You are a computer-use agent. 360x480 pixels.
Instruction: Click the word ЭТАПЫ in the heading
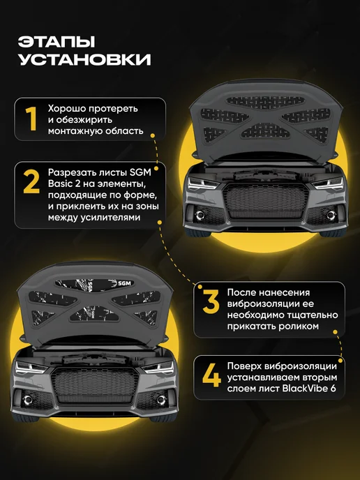57,42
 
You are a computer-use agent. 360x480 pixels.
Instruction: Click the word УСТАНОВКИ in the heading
84,59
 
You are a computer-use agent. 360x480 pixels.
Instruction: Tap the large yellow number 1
31,119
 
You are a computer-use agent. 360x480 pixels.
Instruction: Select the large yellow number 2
31,182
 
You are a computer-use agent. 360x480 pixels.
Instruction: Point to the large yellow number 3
211,302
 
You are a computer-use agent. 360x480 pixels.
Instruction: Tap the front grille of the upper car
266,200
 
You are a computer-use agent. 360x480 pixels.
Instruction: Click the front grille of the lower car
95,385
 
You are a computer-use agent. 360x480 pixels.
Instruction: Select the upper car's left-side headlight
203,183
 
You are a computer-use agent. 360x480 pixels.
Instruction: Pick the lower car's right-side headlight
158,368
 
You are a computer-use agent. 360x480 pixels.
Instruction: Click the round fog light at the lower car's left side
28,400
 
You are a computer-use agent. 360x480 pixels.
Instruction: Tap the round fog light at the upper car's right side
331,215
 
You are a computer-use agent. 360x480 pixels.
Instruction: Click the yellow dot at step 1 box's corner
153,135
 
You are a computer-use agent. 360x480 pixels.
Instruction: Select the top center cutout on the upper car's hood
266,103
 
